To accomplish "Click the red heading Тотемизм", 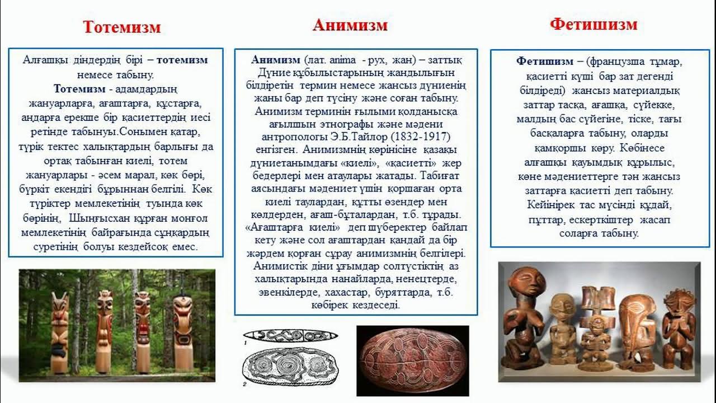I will click(x=122, y=27).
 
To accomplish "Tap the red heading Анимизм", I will click(x=350, y=25).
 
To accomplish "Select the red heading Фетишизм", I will click(x=593, y=24).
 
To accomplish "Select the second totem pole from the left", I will click(x=103, y=330).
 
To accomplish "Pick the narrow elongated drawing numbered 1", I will click(x=291, y=336).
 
